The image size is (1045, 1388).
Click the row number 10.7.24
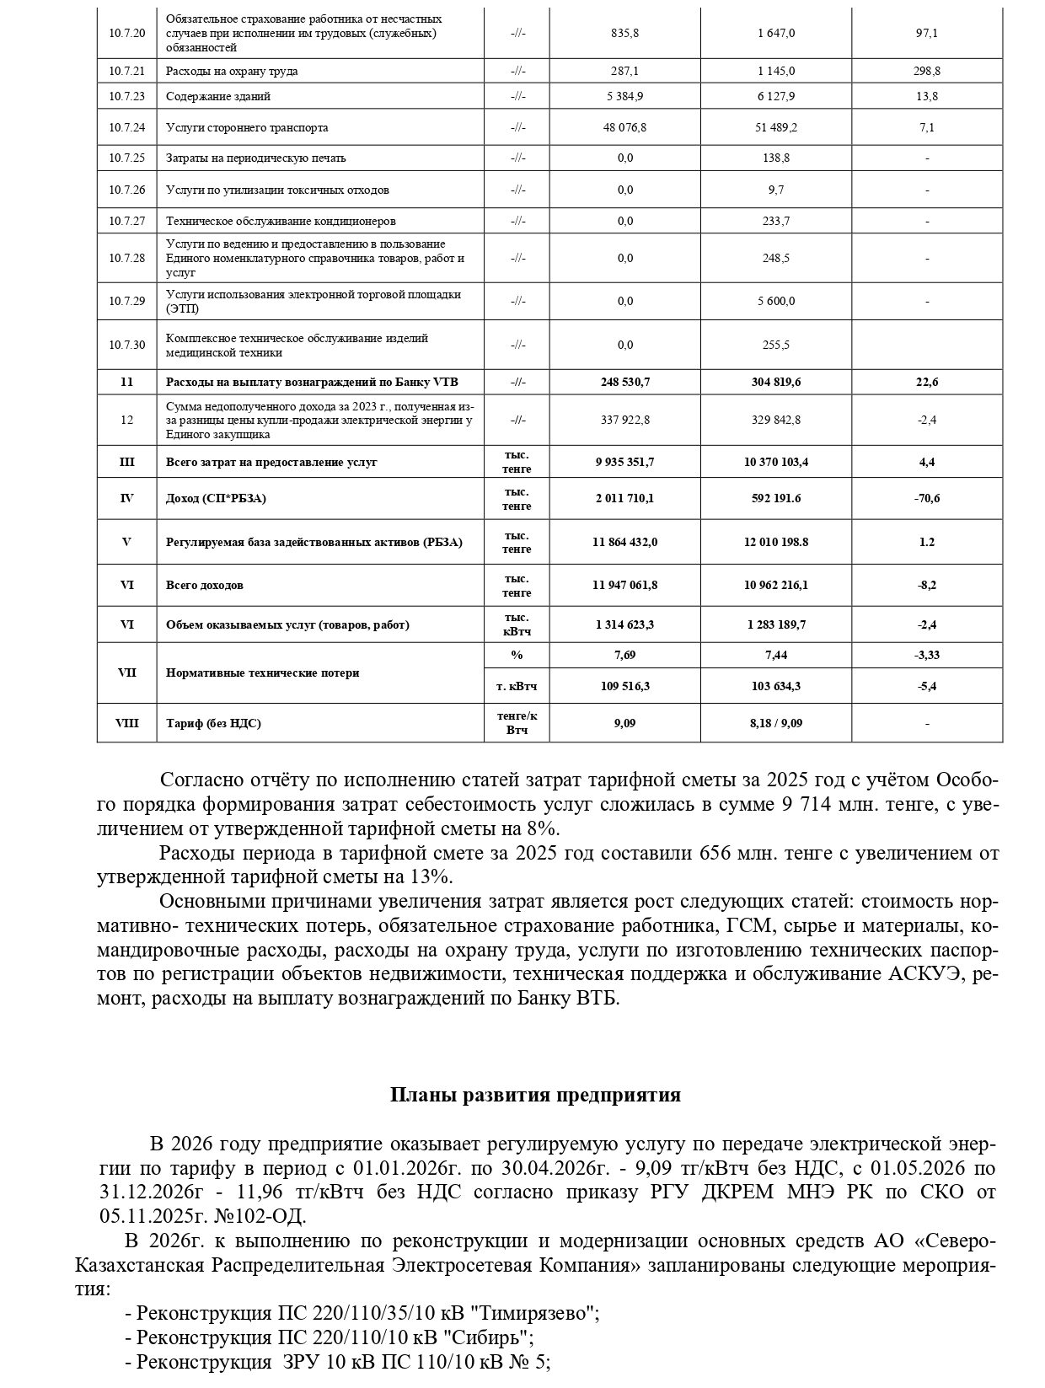(x=126, y=128)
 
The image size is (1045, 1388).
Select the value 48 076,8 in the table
(x=624, y=128)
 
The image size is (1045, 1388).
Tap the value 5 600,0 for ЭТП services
(x=775, y=302)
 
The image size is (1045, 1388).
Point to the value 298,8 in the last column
(x=926, y=72)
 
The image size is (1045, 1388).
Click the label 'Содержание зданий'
(x=218, y=97)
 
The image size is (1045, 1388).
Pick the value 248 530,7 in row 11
(x=624, y=382)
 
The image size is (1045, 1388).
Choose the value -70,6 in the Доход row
(x=926, y=498)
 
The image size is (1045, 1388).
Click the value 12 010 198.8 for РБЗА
(x=775, y=542)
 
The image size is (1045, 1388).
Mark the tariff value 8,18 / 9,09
(x=775, y=723)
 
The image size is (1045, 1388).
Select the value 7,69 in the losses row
(x=624, y=655)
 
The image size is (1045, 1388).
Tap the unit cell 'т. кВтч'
(x=517, y=686)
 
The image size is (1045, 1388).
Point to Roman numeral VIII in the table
(x=126, y=723)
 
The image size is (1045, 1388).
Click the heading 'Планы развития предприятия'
(x=535, y=1096)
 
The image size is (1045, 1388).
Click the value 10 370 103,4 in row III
(x=775, y=463)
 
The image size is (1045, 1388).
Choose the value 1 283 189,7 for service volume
(x=775, y=625)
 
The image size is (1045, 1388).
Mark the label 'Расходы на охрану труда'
(x=232, y=72)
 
